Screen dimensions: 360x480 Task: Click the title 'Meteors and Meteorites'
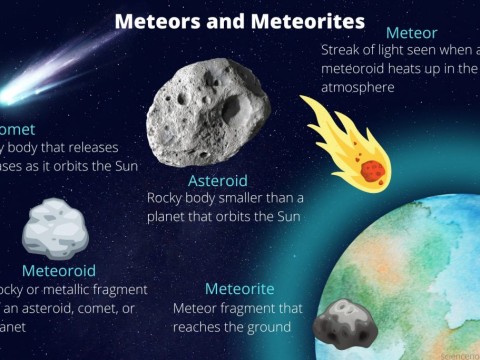coord(239,21)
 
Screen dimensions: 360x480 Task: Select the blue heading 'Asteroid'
coord(217,181)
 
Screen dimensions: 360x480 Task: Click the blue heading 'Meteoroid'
coord(59,271)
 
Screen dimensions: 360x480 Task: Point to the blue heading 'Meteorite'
coord(238,289)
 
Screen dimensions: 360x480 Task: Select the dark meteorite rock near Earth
coord(343,322)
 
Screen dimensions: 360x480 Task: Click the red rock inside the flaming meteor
coord(372,170)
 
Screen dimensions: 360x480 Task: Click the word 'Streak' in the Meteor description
coord(342,50)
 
